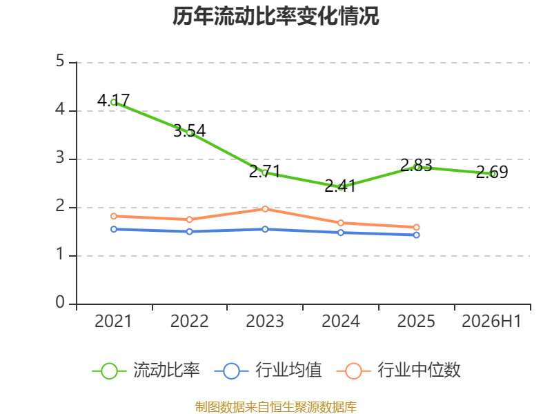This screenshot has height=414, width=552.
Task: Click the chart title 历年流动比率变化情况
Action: coord(275,16)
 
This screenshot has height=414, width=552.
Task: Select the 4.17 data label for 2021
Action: coord(113,100)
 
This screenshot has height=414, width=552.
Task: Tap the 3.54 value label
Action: coord(189,130)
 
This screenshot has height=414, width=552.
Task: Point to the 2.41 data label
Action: coord(340,186)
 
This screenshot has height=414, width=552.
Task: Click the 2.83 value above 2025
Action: coord(416,165)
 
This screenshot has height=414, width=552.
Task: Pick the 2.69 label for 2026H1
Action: coord(492,172)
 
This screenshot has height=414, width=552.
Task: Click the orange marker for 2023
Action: coord(265,209)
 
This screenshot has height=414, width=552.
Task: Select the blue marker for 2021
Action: coord(114,229)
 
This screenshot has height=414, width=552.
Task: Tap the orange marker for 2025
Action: coord(416,228)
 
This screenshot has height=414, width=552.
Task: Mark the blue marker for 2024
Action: coord(340,233)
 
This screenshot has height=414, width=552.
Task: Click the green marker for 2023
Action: coord(265,173)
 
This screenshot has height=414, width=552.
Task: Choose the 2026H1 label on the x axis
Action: coord(491,321)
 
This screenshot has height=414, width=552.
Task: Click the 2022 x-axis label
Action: coord(189,321)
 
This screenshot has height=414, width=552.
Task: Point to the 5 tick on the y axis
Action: coord(60,61)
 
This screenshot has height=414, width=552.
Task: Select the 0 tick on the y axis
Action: coord(60,302)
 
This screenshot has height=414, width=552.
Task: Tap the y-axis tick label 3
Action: coord(60,157)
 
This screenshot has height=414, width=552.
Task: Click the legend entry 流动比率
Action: coord(146,371)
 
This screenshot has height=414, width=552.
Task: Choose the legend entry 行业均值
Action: coord(268,371)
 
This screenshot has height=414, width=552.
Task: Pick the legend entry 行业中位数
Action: coord(399,371)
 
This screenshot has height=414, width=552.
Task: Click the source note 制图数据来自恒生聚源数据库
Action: coord(276,406)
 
